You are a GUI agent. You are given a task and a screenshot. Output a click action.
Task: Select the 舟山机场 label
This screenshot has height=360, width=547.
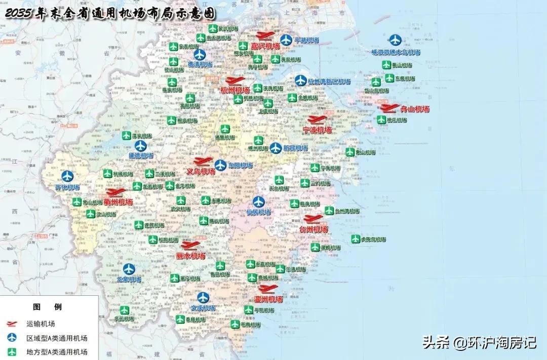415,109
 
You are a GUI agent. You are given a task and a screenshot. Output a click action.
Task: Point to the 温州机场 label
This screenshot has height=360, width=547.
268,299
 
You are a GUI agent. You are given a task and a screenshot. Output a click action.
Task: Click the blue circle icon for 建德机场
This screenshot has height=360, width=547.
140,145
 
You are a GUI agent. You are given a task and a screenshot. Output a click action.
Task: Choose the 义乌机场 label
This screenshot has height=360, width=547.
201,172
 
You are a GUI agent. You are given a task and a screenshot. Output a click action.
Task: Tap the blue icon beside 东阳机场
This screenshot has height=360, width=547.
220,165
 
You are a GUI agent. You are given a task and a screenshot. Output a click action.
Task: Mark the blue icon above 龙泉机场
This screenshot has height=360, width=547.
129,269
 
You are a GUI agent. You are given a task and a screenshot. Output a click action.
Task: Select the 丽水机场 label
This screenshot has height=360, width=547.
190,256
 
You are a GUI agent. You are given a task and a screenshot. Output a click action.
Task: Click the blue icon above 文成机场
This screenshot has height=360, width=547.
203,297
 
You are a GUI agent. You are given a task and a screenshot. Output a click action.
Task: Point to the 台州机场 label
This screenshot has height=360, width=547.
314,229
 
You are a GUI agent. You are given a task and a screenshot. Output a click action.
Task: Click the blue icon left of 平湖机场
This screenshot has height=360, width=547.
286,39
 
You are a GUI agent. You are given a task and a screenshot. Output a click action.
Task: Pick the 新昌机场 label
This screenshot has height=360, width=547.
295,148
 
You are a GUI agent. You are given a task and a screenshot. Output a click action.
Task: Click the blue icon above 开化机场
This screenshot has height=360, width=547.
67,176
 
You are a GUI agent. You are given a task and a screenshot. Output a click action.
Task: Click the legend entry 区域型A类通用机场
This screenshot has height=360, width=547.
56,338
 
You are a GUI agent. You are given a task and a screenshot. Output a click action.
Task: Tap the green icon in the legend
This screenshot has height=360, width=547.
10,351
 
